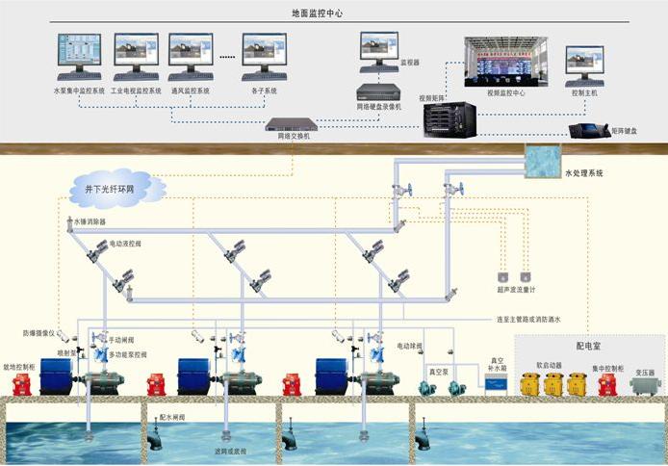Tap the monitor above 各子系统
click(264, 57)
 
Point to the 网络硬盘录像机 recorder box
click(378, 91)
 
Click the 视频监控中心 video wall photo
click(505, 62)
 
